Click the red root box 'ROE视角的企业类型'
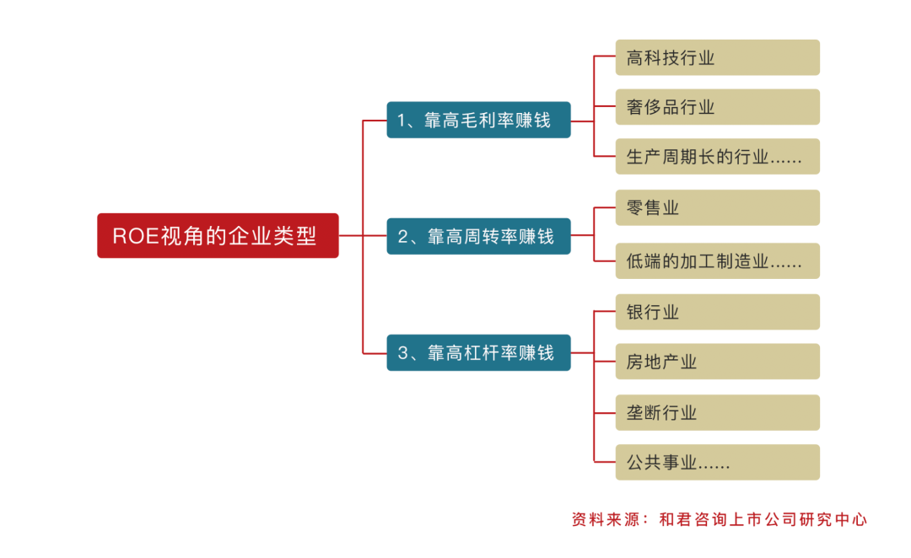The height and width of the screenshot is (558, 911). point(218,235)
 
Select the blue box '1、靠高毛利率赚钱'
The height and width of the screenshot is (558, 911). point(478,121)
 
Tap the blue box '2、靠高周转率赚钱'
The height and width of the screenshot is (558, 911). point(478,237)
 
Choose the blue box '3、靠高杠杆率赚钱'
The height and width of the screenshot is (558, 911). point(478,353)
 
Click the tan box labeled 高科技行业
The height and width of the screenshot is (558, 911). point(717,57)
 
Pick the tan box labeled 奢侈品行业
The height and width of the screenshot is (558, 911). point(717,107)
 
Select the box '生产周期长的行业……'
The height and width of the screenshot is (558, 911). point(717,157)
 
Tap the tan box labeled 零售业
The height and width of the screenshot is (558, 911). point(717,207)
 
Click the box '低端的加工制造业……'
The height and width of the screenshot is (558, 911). point(717,261)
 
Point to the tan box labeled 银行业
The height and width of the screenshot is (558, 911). point(717,312)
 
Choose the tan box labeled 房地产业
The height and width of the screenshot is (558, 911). point(717,362)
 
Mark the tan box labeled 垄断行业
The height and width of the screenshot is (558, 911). point(717,412)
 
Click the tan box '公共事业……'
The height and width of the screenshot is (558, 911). point(717,462)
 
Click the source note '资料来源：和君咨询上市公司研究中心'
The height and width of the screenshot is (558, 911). point(719,519)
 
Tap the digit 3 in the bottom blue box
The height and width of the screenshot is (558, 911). point(402,353)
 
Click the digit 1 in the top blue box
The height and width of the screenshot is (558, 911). point(402,121)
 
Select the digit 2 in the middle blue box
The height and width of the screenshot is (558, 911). point(402,237)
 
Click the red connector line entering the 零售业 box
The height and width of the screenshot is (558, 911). point(605,207)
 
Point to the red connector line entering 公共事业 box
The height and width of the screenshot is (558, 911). point(605,462)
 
